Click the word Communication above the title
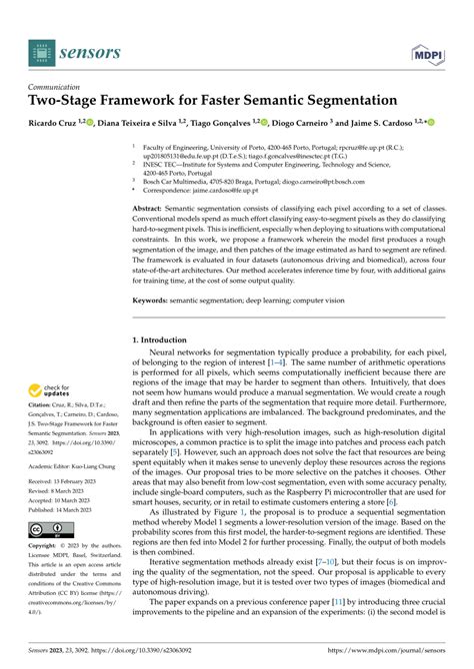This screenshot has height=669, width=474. pos(56,86)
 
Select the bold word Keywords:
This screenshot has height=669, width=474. pos(153,300)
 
